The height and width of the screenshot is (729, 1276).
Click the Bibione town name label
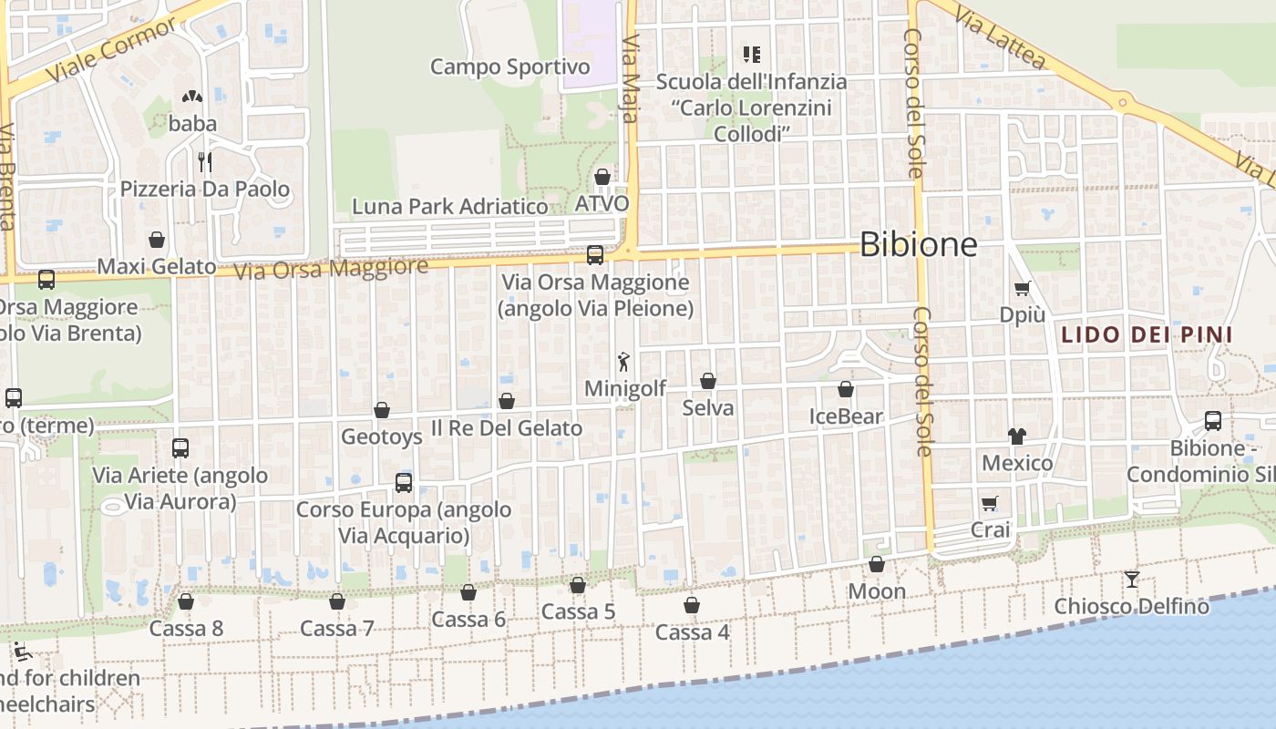tap(918, 244)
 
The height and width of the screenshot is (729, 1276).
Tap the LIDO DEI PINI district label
tap(1147, 334)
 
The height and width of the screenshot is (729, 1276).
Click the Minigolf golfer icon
tap(623, 362)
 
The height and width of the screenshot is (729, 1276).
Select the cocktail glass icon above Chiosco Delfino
tap(1131, 579)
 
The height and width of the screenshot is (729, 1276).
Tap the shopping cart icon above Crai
tap(990, 503)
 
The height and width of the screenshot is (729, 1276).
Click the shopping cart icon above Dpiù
tap(1022, 289)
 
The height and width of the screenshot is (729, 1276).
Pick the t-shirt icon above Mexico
tap(1017, 436)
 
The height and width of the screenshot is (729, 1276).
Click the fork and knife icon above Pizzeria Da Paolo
tap(205, 162)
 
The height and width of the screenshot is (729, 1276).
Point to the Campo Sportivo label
tap(509, 67)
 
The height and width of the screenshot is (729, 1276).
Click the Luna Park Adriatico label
tap(450, 206)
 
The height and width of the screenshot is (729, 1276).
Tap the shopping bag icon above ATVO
tap(602, 176)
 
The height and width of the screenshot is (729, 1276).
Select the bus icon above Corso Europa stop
tap(404, 482)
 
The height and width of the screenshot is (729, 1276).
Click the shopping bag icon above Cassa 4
tap(692, 605)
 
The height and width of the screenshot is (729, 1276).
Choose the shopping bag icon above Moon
tap(877, 565)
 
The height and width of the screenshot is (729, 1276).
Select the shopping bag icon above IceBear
tap(846, 390)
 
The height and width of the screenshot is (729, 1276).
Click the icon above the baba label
tap(191, 96)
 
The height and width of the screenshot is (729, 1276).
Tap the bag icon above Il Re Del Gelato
tap(507, 401)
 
